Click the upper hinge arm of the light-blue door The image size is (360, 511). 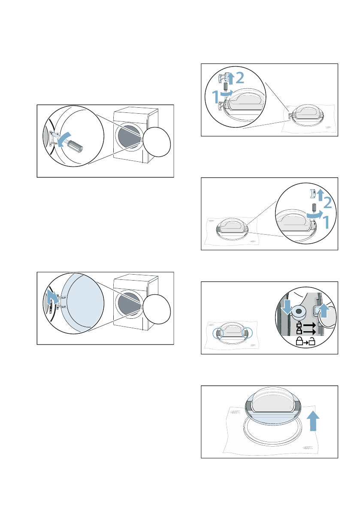point(62,296)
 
